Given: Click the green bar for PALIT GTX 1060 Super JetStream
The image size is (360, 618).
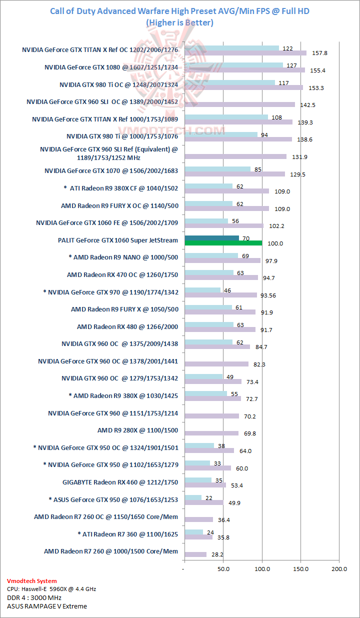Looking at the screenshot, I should (223, 243).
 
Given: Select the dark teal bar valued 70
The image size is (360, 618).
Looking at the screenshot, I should (211, 238).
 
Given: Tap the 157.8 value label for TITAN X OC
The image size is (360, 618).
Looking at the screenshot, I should (319, 53).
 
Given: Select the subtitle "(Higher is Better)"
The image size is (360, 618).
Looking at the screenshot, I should (180, 22).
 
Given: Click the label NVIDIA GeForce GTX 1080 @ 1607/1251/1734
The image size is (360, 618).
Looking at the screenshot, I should (111, 67).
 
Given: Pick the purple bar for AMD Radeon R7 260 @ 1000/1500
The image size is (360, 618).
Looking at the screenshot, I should (195, 554).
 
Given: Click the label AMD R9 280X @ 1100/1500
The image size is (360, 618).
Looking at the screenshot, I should (137, 430).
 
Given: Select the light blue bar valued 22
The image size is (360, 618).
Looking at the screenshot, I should (193, 497).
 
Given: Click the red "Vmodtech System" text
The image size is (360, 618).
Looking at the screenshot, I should (32, 581).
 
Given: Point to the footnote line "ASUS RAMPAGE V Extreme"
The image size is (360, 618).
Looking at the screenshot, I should (47, 606).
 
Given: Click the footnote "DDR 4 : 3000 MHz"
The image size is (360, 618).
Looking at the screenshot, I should (34, 597).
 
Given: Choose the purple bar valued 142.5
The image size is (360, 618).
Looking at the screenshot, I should (239, 104).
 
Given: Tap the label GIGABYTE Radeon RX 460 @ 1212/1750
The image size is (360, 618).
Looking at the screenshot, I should (120, 482).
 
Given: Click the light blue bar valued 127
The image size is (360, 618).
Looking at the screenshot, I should (233, 65).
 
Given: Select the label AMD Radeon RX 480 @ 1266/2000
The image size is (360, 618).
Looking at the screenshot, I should (127, 326).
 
